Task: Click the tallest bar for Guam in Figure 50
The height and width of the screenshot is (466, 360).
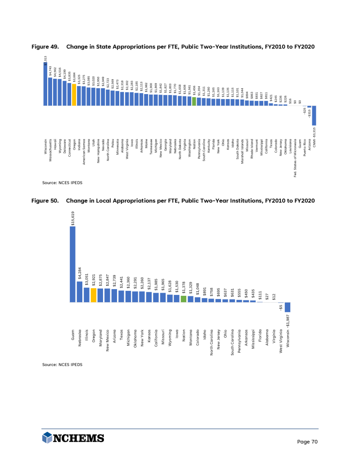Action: [x=72, y=263]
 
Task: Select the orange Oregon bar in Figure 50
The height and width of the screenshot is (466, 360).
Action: [x=93, y=295]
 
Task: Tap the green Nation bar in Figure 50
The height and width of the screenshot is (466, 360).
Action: [x=183, y=299]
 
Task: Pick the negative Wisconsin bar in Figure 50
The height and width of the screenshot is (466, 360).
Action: [x=287, y=307]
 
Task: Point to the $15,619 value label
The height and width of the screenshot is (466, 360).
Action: [x=73, y=217]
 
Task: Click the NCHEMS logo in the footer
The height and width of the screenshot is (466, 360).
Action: [x=73, y=438]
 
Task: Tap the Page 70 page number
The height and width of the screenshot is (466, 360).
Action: [x=308, y=442]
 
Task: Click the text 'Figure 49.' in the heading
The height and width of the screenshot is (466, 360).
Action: [x=45, y=47]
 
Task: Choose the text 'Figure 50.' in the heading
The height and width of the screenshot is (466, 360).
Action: [x=45, y=200]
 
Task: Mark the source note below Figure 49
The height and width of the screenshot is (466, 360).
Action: [x=63, y=183]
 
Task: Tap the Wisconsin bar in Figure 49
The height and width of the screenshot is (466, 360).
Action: [x=45, y=85]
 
